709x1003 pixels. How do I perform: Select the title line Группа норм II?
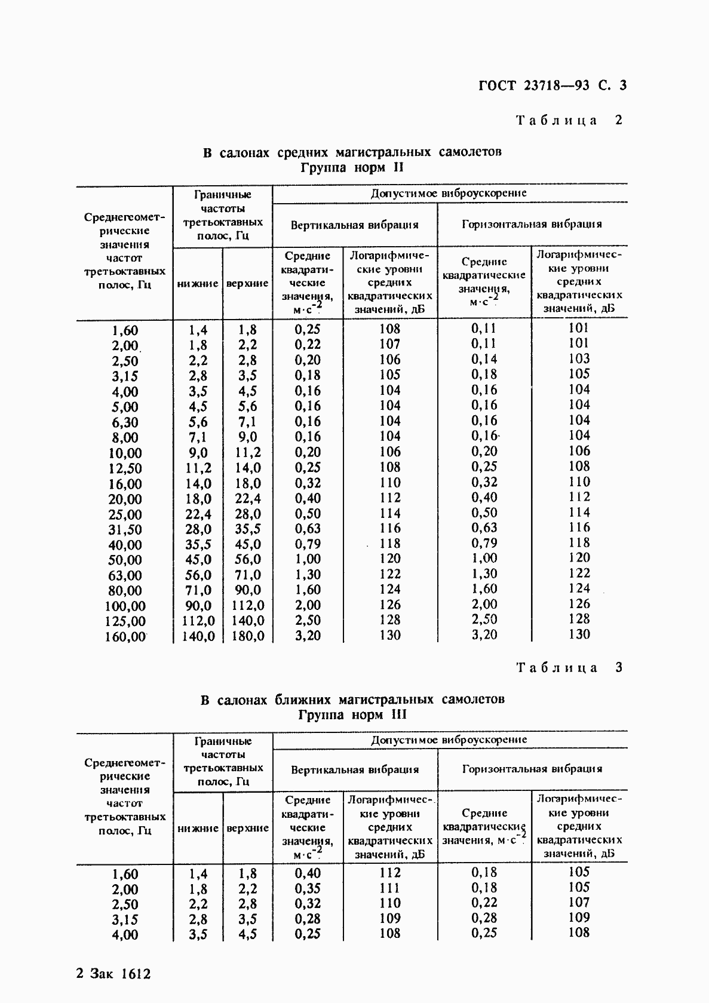click(352, 167)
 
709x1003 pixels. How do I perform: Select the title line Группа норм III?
click(352, 714)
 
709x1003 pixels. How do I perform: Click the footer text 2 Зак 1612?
click(113, 974)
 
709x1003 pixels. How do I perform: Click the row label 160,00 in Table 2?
click(125, 637)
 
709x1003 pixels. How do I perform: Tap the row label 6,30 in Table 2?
click(125, 422)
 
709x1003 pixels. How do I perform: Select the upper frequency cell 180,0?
click(247, 636)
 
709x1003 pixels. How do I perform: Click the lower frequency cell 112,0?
click(198, 621)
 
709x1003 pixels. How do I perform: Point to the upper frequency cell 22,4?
click(247, 499)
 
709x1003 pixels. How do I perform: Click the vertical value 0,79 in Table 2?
click(308, 544)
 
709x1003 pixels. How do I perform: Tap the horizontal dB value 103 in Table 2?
click(579, 358)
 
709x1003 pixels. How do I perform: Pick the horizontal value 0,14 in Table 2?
click(484, 359)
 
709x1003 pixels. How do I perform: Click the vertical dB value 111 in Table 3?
click(389, 888)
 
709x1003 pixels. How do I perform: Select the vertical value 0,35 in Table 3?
click(308, 888)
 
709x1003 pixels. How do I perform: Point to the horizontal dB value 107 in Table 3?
click(579, 902)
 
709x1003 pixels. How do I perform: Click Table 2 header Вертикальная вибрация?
click(354, 225)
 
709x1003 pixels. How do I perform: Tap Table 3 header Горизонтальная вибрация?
click(532, 769)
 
